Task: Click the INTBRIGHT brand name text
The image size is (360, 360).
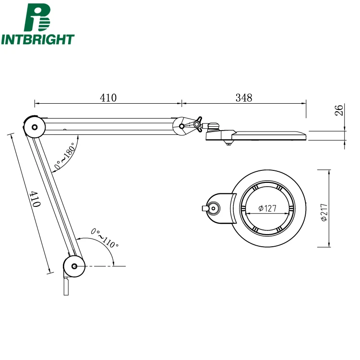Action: point(38,39)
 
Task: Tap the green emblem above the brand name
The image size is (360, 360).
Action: point(37,18)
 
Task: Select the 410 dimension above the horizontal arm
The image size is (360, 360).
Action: point(108,97)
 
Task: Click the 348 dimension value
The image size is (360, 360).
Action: point(244,97)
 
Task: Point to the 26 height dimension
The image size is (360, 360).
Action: point(339,111)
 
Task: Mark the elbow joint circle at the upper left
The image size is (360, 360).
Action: point(34,127)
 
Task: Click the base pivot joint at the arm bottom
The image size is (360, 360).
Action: point(74,266)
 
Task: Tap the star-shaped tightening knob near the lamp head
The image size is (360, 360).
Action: point(197,125)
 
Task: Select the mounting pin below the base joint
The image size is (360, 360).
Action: point(66,287)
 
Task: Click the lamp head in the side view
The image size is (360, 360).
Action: point(257,135)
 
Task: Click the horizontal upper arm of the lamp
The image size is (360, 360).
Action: point(110,126)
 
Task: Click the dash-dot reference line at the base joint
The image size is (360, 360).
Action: point(106,266)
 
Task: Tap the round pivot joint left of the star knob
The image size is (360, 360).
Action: point(182,126)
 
